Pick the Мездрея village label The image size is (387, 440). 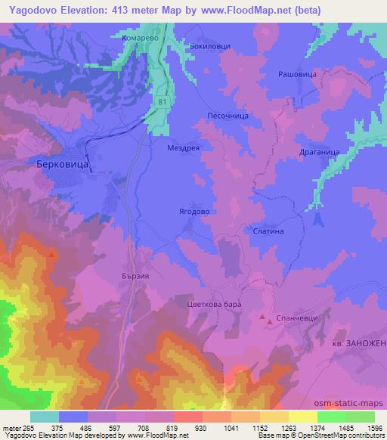(183, 149)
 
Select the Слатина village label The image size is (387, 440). (268, 232)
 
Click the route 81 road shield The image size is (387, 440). (162, 100)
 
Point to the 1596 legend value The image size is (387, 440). (365, 428)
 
